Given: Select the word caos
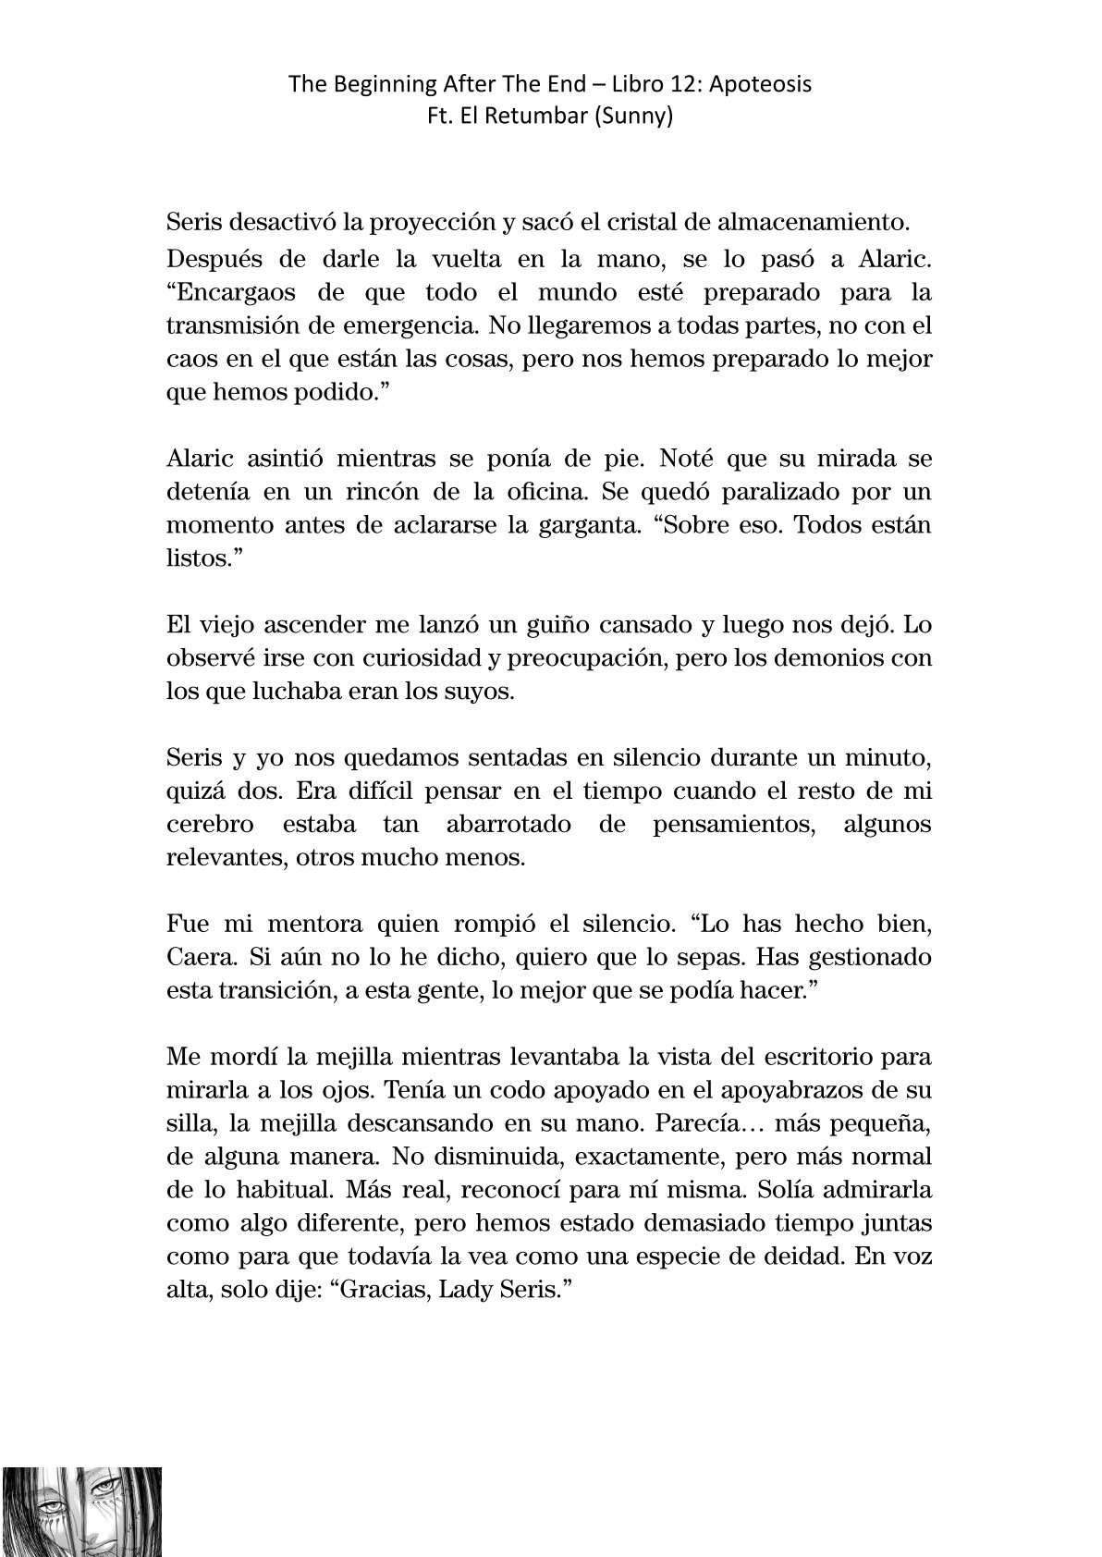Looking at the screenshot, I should tap(188, 359).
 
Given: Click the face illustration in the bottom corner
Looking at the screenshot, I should tap(81, 1511).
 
